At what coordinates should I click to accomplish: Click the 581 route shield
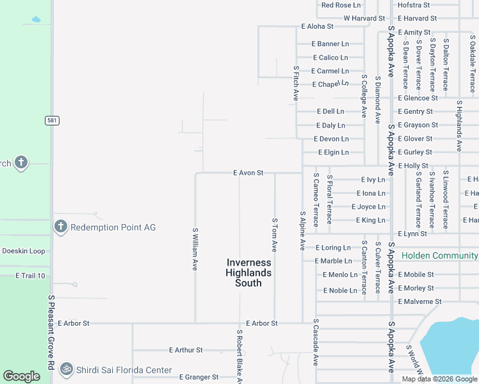click(x=52, y=120)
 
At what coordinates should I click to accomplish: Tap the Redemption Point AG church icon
click(x=61, y=227)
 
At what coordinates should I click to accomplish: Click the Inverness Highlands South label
click(x=248, y=273)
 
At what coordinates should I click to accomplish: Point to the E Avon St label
click(x=248, y=173)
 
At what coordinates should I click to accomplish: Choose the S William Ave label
click(x=195, y=250)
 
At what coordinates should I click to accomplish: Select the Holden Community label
click(x=439, y=255)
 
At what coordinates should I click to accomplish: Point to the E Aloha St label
click(x=318, y=27)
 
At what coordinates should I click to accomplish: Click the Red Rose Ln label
click(x=341, y=5)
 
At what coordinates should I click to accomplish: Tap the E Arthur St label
click(x=186, y=350)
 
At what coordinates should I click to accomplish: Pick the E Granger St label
click(x=199, y=378)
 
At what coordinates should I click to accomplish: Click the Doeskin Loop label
click(x=24, y=251)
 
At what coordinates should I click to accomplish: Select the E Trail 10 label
click(x=31, y=276)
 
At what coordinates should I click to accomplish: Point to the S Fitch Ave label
click(x=296, y=84)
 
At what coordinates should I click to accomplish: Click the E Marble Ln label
click(x=333, y=261)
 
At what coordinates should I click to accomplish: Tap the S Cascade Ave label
click(x=316, y=342)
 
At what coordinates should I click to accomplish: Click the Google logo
click(x=22, y=376)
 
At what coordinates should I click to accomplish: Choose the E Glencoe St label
click(x=418, y=98)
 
